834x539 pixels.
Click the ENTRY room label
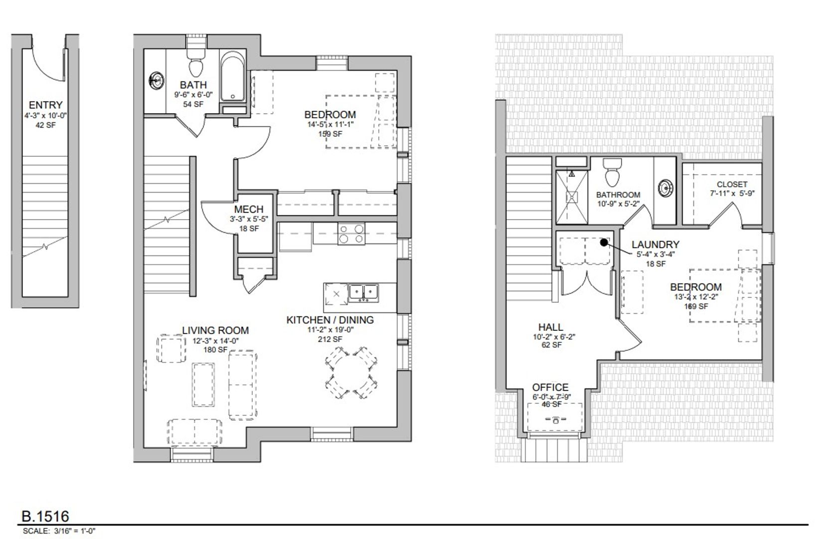[x=45, y=105]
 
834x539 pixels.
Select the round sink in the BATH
[x=157, y=81]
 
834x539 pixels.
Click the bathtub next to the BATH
[x=233, y=76]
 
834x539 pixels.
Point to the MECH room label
[x=249, y=209]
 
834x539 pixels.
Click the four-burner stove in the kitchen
[x=351, y=234]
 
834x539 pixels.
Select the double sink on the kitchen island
[x=363, y=292]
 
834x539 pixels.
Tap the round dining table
[x=351, y=373]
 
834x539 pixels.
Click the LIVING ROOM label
[x=215, y=330]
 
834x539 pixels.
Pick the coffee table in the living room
[x=203, y=385]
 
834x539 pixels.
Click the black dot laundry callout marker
[x=604, y=243]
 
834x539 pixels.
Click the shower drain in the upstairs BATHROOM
[x=571, y=197]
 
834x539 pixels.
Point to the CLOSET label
[x=732, y=184]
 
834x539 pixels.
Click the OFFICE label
[x=550, y=387]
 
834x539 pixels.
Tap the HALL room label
[x=551, y=327]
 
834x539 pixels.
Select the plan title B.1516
[x=45, y=516]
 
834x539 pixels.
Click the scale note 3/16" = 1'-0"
[x=74, y=531]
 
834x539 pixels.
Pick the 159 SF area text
[x=330, y=134]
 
